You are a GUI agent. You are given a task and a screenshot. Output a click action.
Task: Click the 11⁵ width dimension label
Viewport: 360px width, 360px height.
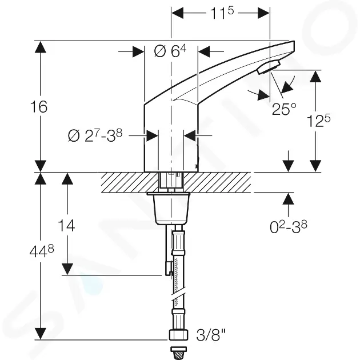pyautogui.click(x=222, y=13)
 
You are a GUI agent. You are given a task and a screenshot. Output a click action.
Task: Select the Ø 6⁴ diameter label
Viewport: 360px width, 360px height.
pyautogui.click(x=170, y=51)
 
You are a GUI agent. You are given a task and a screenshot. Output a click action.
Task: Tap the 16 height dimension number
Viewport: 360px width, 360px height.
pyautogui.click(x=39, y=107)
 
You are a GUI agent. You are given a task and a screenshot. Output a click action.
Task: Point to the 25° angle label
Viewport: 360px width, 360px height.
pyautogui.click(x=284, y=109)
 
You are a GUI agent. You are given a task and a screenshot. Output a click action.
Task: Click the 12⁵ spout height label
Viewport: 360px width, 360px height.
pyautogui.click(x=319, y=121)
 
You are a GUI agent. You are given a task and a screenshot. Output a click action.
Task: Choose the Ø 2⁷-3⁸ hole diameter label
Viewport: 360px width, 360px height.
pyautogui.click(x=95, y=135)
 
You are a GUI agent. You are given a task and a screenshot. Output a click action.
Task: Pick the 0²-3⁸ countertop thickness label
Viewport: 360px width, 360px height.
pyautogui.click(x=289, y=227)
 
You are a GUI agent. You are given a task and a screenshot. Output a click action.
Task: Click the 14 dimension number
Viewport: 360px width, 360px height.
pyautogui.click(x=66, y=226)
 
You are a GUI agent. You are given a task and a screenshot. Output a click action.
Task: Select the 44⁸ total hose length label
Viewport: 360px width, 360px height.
pyautogui.click(x=42, y=251)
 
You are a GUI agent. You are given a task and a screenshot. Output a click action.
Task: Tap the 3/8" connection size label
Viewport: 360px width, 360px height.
pyautogui.click(x=211, y=335)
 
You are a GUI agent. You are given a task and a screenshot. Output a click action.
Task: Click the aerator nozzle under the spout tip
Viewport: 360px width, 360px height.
pyautogui.click(x=269, y=67)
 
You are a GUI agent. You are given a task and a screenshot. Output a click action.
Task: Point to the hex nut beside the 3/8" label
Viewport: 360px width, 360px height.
pyautogui.click(x=178, y=335)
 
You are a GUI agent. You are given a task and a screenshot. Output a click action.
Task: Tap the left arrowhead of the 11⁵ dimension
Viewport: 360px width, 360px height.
pyautogui.click(x=178, y=13)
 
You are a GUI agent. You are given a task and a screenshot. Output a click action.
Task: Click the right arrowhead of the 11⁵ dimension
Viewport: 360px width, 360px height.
pyautogui.click(x=263, y=13)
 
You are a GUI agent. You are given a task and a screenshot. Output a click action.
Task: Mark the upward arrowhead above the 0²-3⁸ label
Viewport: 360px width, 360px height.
pyautogui.click(x=288, y=199)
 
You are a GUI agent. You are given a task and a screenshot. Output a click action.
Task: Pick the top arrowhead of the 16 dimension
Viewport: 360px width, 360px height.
pyautogui.click(x=41, y=47)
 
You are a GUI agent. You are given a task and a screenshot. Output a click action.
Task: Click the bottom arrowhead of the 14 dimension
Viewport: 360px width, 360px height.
pyautogui.click(x=67, y=269)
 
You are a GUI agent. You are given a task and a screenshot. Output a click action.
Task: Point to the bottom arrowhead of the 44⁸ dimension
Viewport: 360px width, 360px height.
pyautogui.click(x=41, y=334)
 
